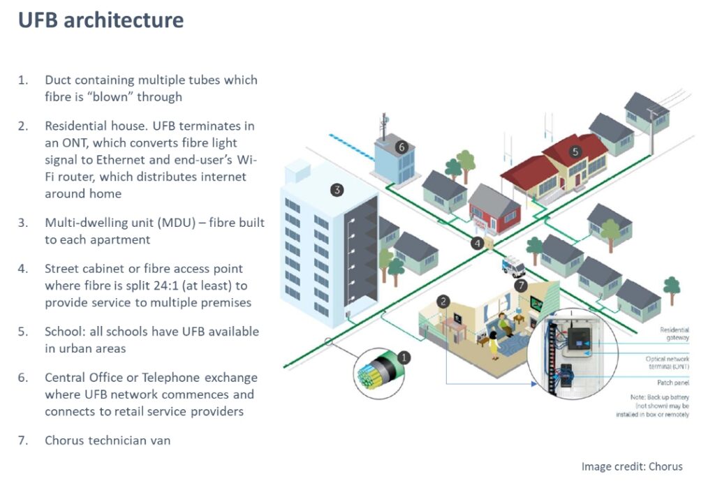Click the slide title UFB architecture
pyautogui.click(x=101, y=20)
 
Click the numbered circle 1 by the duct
pyautogui.click(x=404, y=358)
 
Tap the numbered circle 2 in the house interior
pyautogui.click(x=443, y=301)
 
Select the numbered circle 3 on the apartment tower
pyautogui.click(x=337, y=189)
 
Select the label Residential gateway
pyautogui.click(x=674, y=334)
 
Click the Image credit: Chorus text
pyautogui.click(x=631, y=466)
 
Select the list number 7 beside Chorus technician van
pyautogui.click(x=23, y=441)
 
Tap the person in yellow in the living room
pyautogui.click(x=494, y=343)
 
